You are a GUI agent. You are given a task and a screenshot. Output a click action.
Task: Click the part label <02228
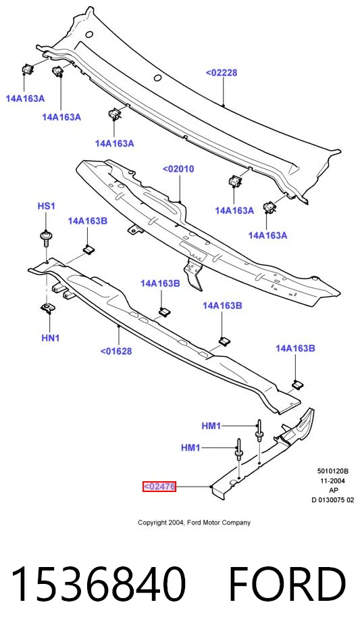pos(222,73)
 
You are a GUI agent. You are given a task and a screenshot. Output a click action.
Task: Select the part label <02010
pos(178,169)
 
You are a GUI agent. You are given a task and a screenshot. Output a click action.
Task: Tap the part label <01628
pos(116,351)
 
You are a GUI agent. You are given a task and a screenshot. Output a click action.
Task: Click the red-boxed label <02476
pos(159,486)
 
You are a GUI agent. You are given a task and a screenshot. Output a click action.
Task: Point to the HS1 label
pos(46,206)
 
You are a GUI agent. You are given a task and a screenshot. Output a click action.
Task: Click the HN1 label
pos(51,337)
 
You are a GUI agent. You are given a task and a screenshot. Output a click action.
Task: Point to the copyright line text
pos(194,522)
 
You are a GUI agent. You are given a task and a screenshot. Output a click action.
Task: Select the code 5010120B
pos(333,472)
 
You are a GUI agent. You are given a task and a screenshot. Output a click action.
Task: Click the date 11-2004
pos(333,481)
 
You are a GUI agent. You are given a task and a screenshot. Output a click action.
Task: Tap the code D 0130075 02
pos(333,500)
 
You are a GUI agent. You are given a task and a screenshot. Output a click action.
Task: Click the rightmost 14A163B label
pos(295,348)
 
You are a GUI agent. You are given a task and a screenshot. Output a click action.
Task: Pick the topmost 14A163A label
pos(25,98)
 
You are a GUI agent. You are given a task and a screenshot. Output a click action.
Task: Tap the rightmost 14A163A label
pos(267,235)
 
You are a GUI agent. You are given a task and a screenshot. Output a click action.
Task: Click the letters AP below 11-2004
pos(333,490)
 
